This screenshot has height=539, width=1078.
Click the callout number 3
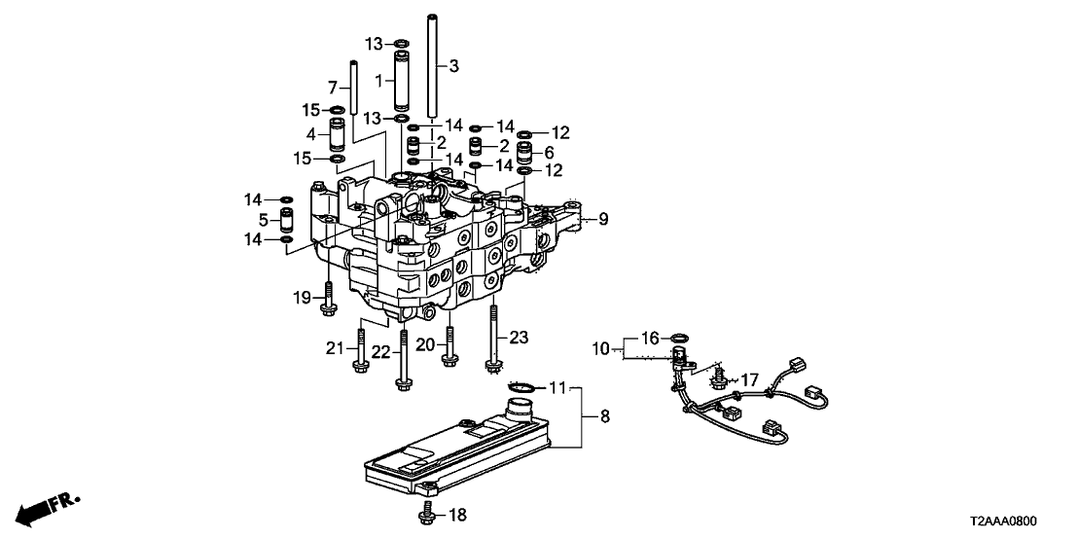pyautogui.click(x=453, y=66)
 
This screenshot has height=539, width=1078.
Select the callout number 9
pyautogui.click(x=603, y=219)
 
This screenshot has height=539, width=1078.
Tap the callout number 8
pyautogui.click(x=604, y=415)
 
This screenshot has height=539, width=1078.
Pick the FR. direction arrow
pyautogui.click(x=48, y=506)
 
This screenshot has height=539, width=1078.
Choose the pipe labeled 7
pyautogui.click(x=353, y=88)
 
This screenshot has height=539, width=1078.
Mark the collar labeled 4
pyautogui.click(x=337, y=134)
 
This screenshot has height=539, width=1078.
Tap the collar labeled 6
pyautogui.click(x=523, y=151)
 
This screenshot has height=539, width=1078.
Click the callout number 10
pyautogui.click(x=600, y=348)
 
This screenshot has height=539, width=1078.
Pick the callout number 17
pyautogui.click(x=748, y=378)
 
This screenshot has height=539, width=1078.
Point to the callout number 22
pyautogui.click(x=379, y=352)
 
